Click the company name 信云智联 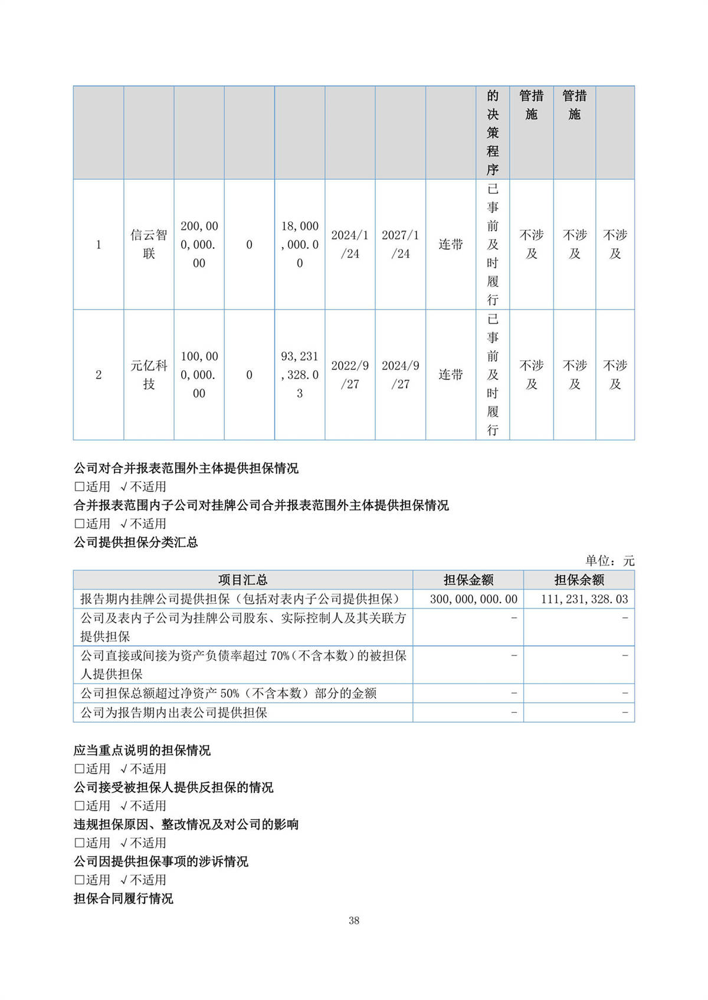(149, 244)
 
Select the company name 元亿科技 (149, 374)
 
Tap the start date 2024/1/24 (350, 244)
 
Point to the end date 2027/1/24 (400, 244)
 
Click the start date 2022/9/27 (350, 374)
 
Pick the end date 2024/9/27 (400, 374)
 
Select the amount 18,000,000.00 (300, 244)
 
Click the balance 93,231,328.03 (300, 374)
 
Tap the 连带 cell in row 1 (451, 244)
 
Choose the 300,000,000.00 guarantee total (473, 599)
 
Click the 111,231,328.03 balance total (584, 599)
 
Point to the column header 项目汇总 (242, 580)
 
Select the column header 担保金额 (468, 580)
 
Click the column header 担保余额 (579, 580)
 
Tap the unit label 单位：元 (609, 561)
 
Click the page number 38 (354, 920)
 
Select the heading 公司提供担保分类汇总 (136, 542)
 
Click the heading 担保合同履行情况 (123, 898)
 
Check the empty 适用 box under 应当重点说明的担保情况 (79, 769)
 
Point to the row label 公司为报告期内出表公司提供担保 (174, 712)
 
